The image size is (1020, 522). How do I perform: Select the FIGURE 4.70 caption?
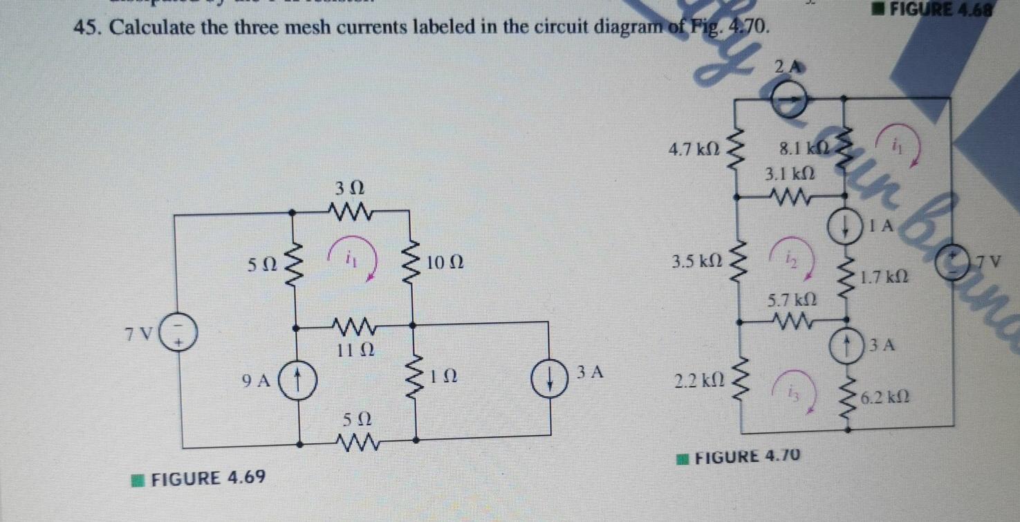(739, 457)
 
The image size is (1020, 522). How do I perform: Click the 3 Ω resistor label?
(350, 187)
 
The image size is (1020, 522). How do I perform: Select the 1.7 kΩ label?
(883, 277)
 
